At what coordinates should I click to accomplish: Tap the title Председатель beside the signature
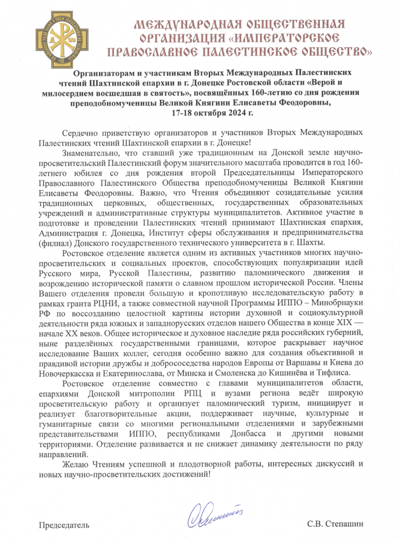pos(63,525)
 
